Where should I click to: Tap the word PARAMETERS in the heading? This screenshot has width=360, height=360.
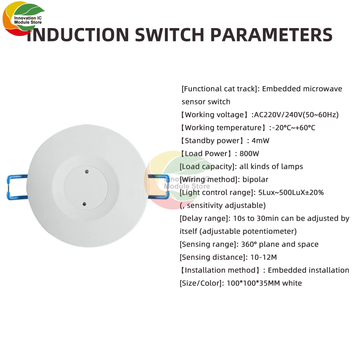point(271,35)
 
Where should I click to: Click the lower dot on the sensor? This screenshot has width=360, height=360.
point(84,204)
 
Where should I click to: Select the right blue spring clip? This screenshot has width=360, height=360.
point(158,187)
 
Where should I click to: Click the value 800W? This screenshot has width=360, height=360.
point(249,154)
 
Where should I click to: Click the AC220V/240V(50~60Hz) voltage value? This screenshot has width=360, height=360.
point(296,115)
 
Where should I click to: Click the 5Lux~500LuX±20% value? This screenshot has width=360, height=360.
point(291,193)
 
